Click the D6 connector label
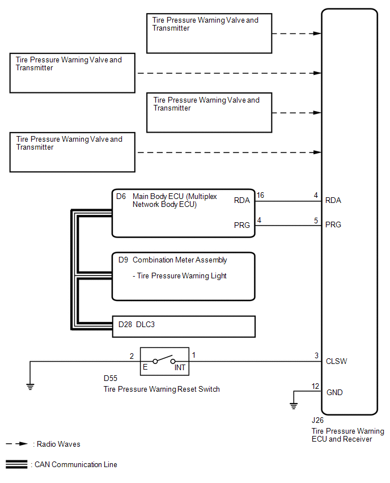[121, 197]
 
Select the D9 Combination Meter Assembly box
[183, 276]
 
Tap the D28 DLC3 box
[183, 326]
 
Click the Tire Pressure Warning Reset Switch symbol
[164, 360]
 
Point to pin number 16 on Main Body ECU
[260, 196]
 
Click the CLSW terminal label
[337, 361]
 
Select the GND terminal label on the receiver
[334, 392]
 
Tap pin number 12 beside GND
[315, 387]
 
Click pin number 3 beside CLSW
[316, 355]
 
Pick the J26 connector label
[318, 421]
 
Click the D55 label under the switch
[111, 378]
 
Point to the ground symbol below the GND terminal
[293, 405]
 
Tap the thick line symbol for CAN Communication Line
[17, 464]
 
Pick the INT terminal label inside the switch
[180, 367]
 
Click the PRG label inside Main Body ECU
[242, 225]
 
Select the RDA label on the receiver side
[333, 200]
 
